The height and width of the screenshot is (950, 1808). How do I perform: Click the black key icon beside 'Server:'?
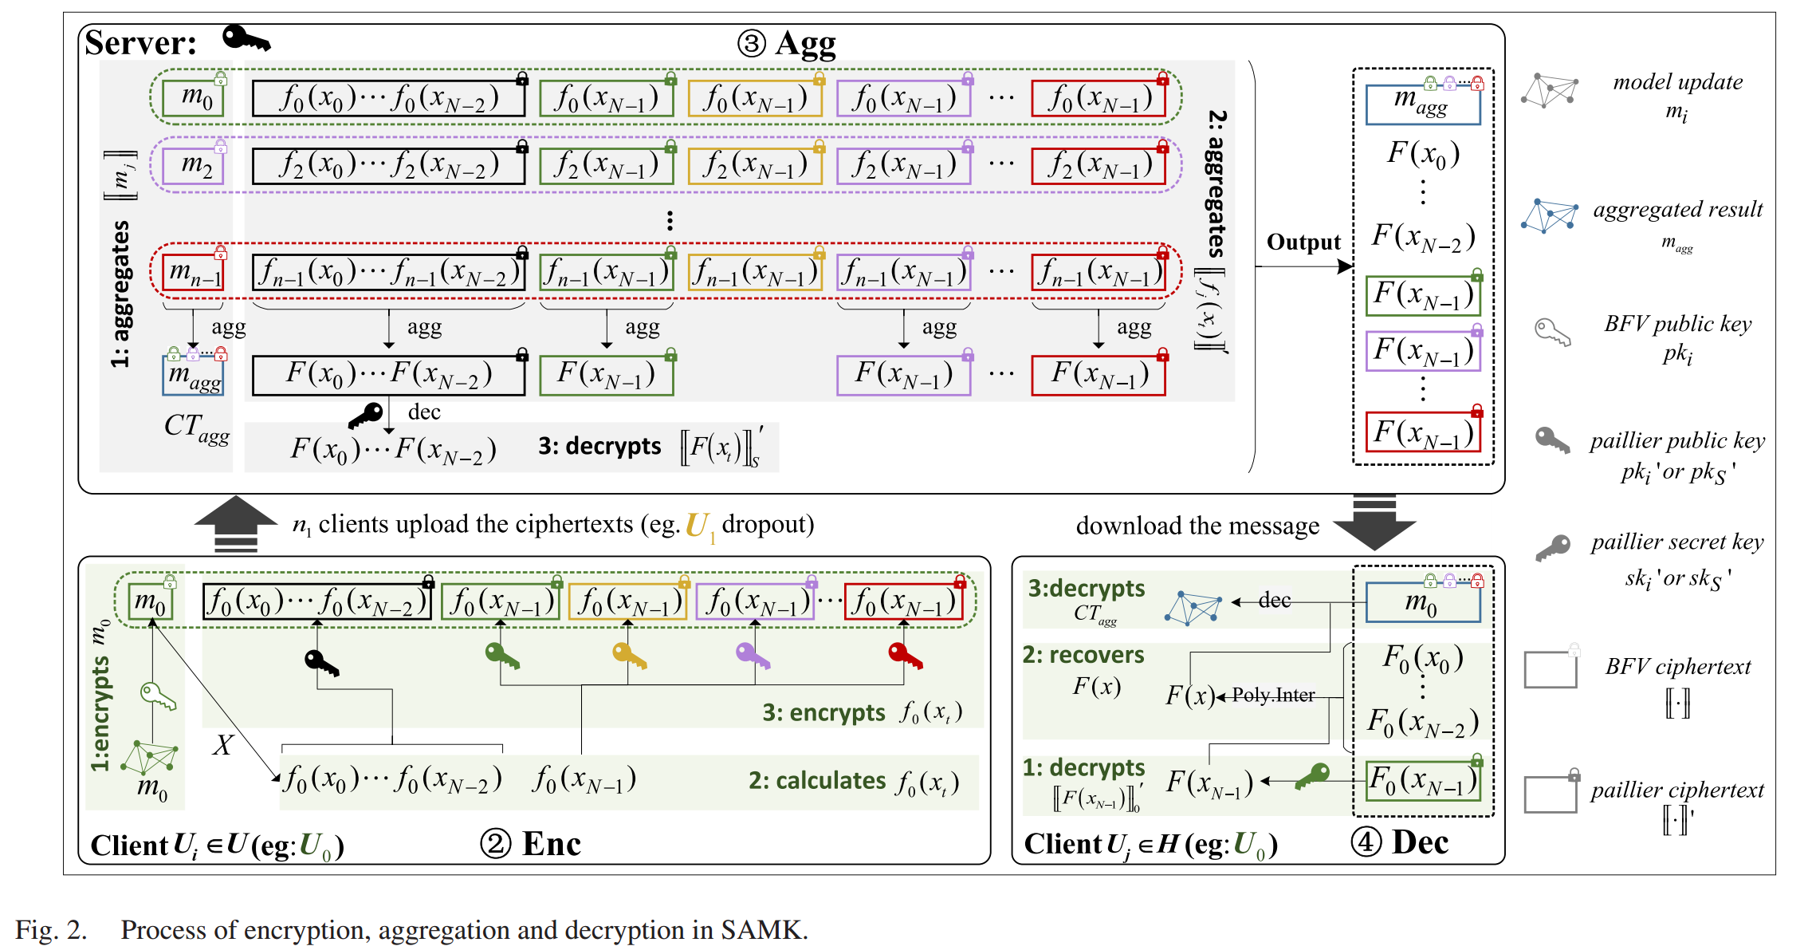click(246, 37)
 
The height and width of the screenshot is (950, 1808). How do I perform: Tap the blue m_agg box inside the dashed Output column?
click(1422, 104)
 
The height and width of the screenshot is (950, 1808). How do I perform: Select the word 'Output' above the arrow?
click(1303, 242)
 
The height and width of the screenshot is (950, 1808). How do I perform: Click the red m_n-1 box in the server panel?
click(193, 272)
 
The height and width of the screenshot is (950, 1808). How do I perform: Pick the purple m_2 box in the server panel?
click(193, 165)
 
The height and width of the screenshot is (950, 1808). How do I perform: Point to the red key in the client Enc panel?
click(905, 656)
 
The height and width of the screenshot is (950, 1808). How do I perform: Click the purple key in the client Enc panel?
click(753, 656)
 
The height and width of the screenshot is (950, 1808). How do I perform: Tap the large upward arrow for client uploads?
click(236, 523)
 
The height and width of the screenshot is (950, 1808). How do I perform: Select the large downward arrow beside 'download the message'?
click(1374, 523)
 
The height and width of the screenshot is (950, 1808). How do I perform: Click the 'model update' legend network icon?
click(1549, 90)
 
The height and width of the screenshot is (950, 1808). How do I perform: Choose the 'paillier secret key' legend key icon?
click(1552, 548)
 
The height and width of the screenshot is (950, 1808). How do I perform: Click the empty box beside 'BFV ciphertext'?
click(1550, 670)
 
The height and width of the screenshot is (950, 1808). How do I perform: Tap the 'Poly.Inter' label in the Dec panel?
click(1273, 695)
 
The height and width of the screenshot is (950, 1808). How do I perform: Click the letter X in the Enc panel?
click(222, 745)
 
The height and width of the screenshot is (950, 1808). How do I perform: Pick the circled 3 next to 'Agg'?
click(751, 43)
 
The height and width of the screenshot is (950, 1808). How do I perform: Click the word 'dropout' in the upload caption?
click(768, 524)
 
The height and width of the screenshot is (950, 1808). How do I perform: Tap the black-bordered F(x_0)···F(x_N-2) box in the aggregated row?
click(388, 375)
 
